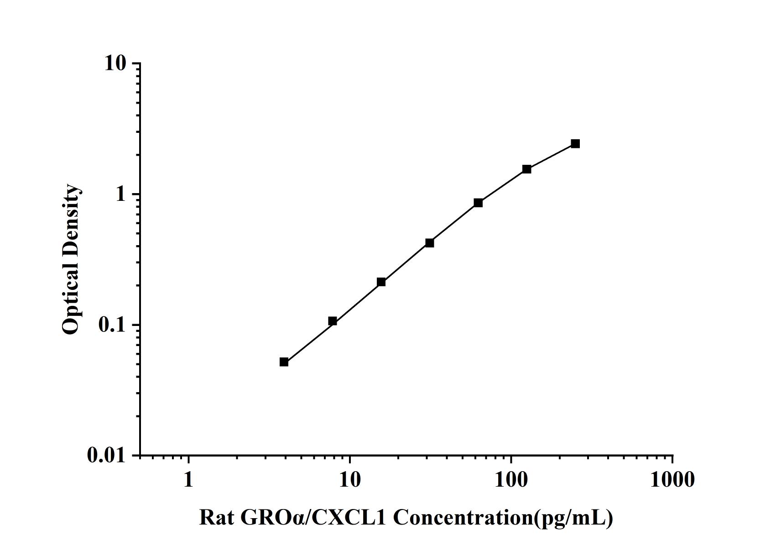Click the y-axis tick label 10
click(115, 63)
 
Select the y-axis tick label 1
click(120, 194)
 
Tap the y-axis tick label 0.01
click(106, 455)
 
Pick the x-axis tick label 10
click(350, 479)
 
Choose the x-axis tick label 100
click(511, 479)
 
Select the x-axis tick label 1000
click(672, 479)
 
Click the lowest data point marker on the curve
click(284, 362)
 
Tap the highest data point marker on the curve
click(575, 144)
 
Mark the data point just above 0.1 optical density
click(333, 321)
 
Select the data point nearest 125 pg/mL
click(526, 169)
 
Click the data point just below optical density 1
click(478, 203)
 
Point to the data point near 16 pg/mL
click(381, 282)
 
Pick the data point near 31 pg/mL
click(429, 243)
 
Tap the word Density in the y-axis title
click(71, 219)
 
